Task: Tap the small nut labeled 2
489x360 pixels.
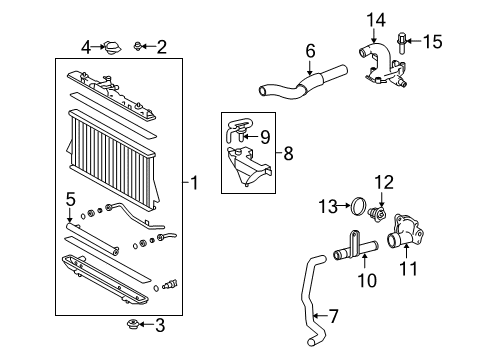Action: pyautogui.click(x=140, y=46)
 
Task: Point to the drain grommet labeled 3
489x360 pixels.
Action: pyautogui.click(x=132, y=324)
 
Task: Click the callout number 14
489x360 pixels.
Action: pyautogui.click(x=374, y=18)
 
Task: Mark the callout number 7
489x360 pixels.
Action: pyautogui.click(x=334, y=316)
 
